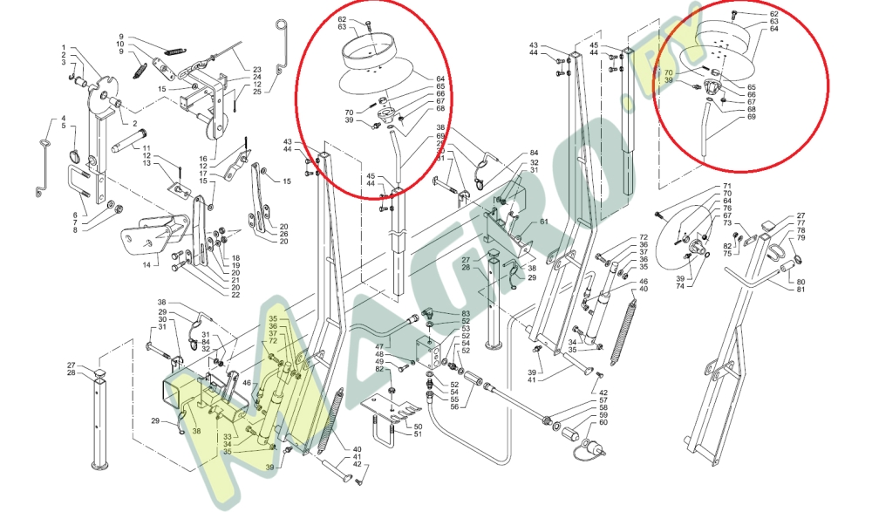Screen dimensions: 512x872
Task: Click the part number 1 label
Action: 64,47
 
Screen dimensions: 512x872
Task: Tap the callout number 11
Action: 146,147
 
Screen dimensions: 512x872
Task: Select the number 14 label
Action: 146,263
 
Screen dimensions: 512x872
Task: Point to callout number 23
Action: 257,69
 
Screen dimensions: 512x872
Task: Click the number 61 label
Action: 543,222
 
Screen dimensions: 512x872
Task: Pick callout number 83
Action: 466,313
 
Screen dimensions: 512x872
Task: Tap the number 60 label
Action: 604,423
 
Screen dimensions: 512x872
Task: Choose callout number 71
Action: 726,188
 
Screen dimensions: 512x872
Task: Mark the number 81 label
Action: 801,290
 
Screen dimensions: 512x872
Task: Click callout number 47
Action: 380,346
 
